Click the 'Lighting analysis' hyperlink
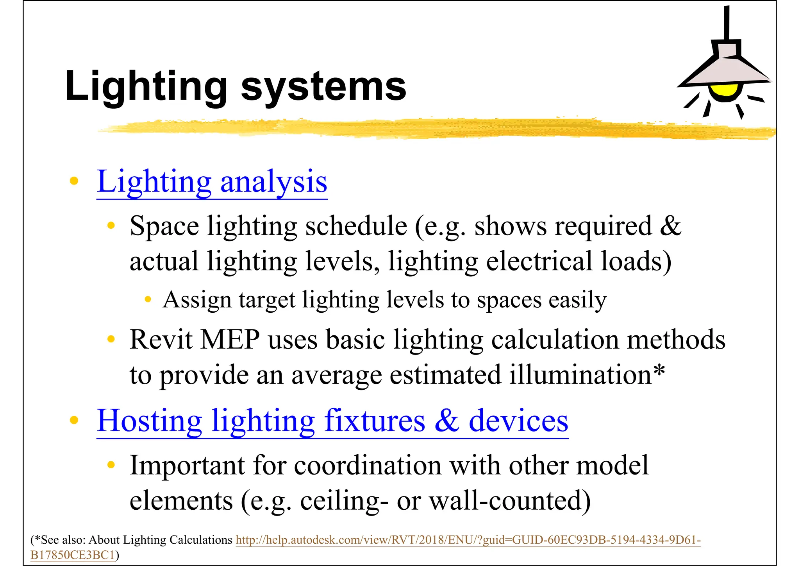(212, 182)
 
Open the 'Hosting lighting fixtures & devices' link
(332, 421)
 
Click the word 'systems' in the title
(323, 87)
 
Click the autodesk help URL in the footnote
(468, 540)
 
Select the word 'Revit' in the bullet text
(161, 339)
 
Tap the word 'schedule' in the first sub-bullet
(356, 226)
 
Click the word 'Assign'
(197, 300)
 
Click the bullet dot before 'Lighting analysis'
(74, 181)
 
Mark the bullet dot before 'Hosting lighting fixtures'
(74, 420)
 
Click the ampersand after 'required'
(670, 226)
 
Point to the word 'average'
(336, 375)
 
